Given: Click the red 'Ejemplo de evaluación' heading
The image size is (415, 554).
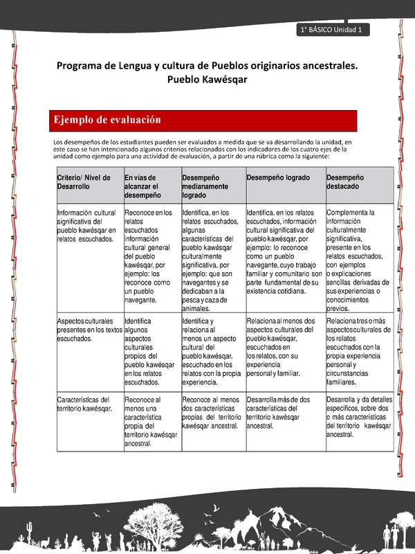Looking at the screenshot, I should click(x=107, y=120).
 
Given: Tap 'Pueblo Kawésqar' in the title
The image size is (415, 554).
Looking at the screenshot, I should click(x=207, y=80).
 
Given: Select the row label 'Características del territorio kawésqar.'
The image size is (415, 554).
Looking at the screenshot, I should click(x=84, y=404).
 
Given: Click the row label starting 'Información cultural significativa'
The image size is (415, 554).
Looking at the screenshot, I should click(x=87, y=225).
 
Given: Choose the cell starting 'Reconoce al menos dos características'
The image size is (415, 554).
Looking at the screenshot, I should click(x=211, y=413).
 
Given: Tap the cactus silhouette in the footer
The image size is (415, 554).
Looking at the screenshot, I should click(x=29, y=532).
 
